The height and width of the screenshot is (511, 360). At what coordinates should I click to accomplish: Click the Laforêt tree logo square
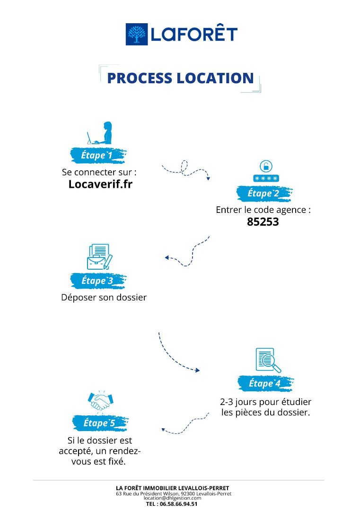137,34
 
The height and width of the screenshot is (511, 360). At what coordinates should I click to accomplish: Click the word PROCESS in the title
140,78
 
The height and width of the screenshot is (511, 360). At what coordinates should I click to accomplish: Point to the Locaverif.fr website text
100,184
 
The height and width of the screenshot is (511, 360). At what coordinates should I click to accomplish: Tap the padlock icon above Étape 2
266,167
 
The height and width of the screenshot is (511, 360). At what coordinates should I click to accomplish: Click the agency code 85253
263,221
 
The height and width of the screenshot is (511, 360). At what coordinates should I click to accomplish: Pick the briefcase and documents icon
100,256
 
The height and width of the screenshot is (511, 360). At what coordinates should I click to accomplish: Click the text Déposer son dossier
104,298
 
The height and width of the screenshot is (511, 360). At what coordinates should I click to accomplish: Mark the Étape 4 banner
265,383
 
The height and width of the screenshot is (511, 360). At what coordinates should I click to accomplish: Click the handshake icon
100,401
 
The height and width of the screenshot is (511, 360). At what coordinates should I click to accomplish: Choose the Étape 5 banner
100,423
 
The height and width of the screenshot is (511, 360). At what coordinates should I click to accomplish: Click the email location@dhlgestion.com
173,498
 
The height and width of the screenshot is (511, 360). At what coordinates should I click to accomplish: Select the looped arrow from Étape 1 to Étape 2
185,170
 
